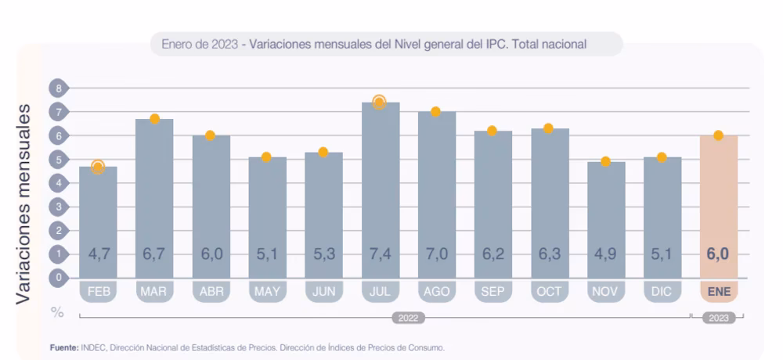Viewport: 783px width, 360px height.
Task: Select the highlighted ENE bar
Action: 718,207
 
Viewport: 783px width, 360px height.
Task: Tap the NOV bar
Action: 605,220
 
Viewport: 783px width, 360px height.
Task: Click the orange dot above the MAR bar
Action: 154,118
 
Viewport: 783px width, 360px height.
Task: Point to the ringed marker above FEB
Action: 98,167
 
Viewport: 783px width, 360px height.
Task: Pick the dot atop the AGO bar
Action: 435,111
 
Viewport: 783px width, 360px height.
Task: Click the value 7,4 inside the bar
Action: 380,254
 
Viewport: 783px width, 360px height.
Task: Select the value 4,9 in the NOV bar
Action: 605,254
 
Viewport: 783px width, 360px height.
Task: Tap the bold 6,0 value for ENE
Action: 718,254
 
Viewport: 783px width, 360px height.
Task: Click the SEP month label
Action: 493,292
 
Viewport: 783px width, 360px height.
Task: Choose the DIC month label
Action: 662,292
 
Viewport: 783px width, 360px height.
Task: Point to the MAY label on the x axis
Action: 267,292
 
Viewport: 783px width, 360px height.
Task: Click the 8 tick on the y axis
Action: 58,88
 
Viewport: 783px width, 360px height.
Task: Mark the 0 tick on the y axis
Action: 58,277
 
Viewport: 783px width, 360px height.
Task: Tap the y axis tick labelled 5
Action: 58,159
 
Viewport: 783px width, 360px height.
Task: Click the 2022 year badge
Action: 407,318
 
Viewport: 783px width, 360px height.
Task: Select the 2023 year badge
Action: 718,318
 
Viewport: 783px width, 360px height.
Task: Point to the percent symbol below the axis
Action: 57,312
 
